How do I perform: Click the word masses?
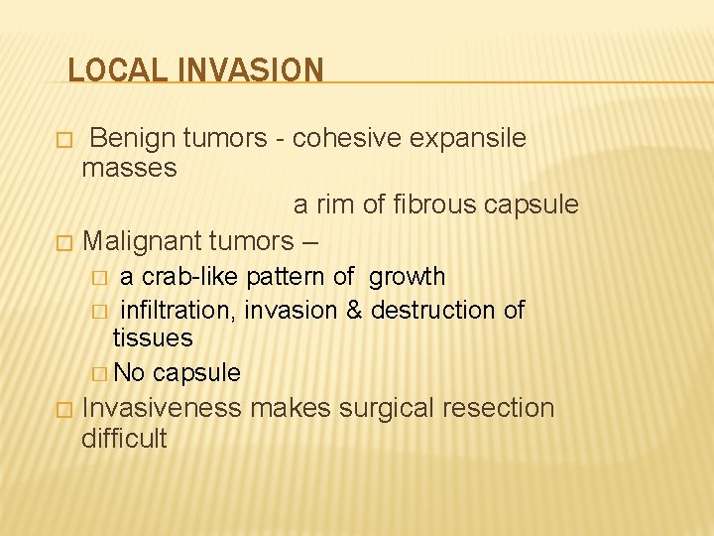pyautogui.click(x=129, y=168)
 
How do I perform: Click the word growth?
pyautogui.click(x=408, y=276)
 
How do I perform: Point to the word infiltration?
pyautogui.click(x=178, y=310)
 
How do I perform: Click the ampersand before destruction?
pyautogui.click(x=354, y=310)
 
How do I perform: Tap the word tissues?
pyautogui.click(x=153, y=337)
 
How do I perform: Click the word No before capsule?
pyautogui.click(x=129, y=373)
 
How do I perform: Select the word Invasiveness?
pyautogui.click(x=163, y=408)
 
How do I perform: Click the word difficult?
pyautogui.click(x=124, y=438)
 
